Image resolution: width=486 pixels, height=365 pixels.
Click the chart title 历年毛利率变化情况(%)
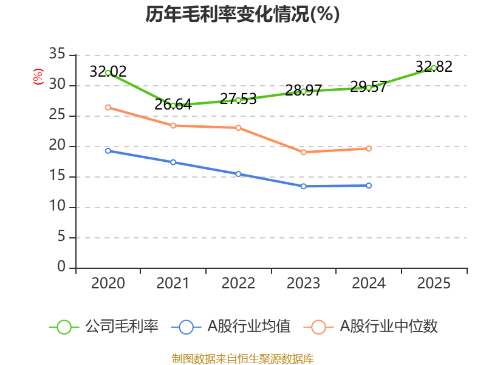tap(242, 15)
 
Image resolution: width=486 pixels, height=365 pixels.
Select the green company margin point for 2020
tap(108, 73)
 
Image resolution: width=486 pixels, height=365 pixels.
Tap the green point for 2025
tap(434, 68)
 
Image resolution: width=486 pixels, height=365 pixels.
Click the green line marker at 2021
tap(173, 105)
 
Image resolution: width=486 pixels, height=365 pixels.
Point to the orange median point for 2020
tap(108, 107)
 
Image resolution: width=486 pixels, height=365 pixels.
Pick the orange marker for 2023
tap(304, 152)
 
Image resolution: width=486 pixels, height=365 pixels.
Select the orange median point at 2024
tap(369, 148)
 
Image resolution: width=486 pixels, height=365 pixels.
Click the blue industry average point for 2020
tap(108, 150)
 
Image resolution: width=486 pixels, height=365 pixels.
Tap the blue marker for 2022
tap(238, 174)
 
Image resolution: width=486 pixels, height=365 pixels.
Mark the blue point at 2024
tap(369, 186)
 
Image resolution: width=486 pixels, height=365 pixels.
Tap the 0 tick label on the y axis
tap(61, 268)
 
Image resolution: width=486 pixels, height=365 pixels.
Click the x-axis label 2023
tap(303, 283)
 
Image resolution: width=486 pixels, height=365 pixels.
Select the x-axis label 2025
tap(434, 283)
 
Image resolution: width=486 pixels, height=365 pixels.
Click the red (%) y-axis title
tap(38, 77)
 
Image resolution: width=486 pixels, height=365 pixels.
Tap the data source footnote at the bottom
tap(242, 358)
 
